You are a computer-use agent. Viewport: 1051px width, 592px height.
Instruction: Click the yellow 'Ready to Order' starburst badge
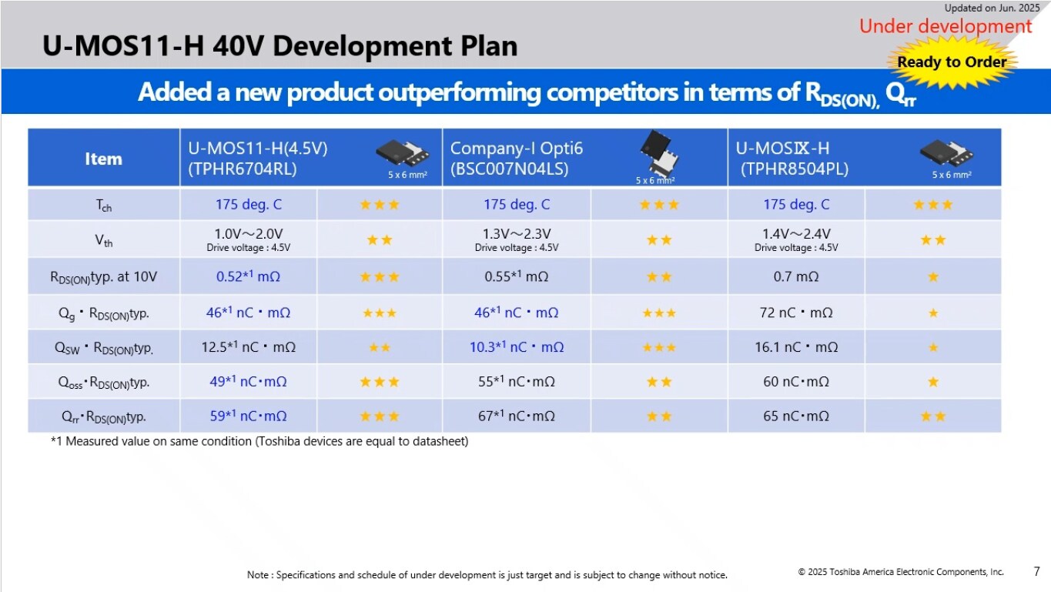(952, 62)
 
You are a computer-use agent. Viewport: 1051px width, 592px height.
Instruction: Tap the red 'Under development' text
(945, 26)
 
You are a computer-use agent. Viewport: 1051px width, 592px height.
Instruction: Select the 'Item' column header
(103, 159)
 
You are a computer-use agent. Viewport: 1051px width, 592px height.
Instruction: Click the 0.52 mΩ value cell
(248, 276)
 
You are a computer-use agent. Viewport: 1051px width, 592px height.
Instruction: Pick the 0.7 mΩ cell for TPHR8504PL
(796, 276)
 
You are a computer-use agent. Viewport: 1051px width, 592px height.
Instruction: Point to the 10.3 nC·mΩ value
(517, 347)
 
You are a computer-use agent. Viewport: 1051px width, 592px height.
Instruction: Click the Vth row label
(104, 240)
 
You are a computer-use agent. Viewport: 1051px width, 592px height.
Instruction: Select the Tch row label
(104, 205)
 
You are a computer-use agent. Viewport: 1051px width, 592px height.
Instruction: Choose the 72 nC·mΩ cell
(796, 313)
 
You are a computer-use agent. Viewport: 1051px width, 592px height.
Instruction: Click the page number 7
(1036, 572)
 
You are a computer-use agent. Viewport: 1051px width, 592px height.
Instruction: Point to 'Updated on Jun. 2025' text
(992, 8)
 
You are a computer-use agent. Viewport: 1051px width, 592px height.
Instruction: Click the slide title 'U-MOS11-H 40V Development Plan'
(279, 46)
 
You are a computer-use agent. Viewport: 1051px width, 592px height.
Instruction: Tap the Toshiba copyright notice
(901, 572)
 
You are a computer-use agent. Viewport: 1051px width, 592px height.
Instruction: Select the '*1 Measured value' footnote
(259, 442)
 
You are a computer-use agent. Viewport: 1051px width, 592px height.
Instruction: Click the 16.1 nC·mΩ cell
(796, 347)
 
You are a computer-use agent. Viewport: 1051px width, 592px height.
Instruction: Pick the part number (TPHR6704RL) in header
(243, 169)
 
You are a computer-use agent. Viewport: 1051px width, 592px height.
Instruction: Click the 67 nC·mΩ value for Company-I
(517, 416)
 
